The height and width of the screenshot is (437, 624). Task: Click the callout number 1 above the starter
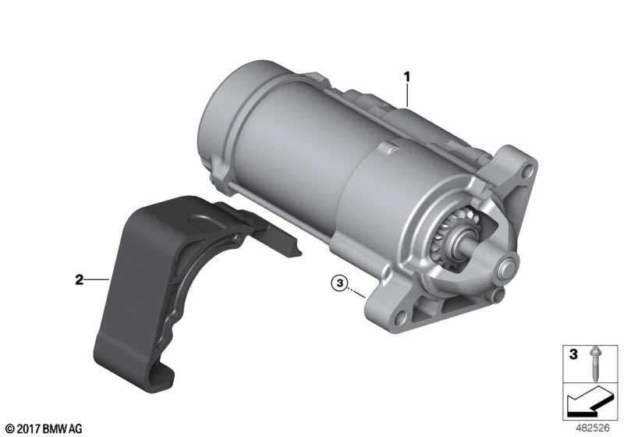406,76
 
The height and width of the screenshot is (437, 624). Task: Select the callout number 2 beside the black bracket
80,280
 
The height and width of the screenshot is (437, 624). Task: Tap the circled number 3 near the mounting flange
339,283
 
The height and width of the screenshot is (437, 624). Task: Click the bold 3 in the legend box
573,354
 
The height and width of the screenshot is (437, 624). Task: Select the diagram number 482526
593,428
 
